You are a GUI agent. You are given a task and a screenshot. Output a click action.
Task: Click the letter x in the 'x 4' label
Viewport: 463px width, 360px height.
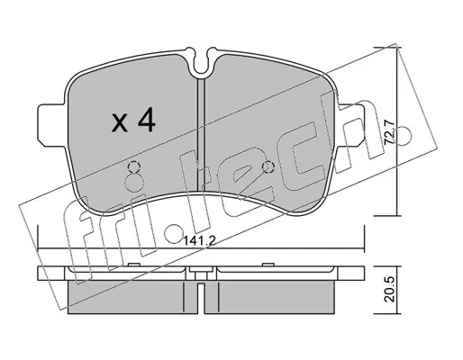pos(119,123)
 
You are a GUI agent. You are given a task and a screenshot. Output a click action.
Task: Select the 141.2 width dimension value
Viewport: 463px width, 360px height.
pos(198,240)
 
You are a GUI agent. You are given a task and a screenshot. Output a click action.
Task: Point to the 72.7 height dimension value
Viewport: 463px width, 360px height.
pos(389,132)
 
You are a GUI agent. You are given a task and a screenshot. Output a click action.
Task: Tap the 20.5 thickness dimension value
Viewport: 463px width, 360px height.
pos(389,290)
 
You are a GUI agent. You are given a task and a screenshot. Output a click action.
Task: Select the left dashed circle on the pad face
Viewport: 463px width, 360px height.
pos(133,166)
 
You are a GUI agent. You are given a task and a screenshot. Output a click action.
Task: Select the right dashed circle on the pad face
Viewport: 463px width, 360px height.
pos(268,166)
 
